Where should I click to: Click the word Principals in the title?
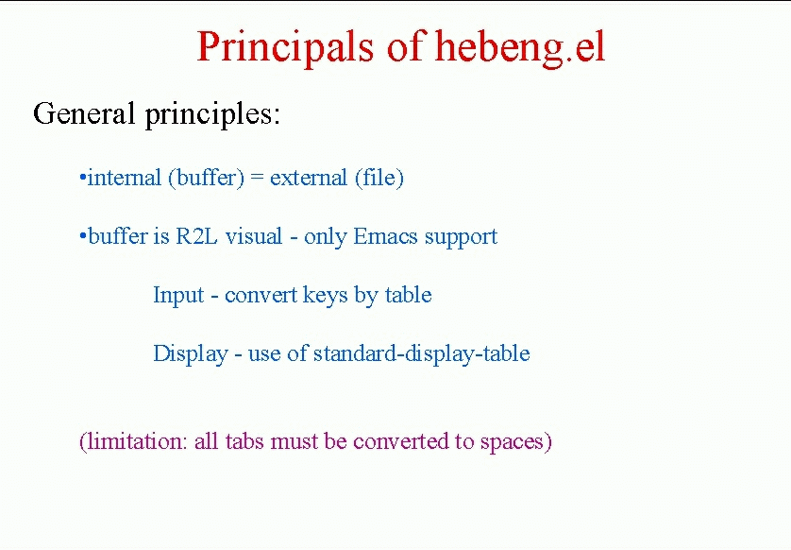tap(285, 47)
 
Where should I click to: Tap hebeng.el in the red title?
tap(521, 47)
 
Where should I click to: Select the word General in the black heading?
tap(84, 112)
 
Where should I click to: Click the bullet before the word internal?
tap(83, 178)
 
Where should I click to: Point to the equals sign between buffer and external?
tap(257, 179)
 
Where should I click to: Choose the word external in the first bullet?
tap(309, 178)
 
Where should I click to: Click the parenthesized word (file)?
tap(379, 178)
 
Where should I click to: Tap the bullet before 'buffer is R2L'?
tap(83, 236)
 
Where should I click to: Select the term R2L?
tap(196, 236)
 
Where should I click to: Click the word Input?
tap(178, 296)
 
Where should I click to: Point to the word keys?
tap(326, 296)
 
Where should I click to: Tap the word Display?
tap(191, 354)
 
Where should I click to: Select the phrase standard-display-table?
tap(422, 353)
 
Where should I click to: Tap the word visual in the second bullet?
tap(254, 236)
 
